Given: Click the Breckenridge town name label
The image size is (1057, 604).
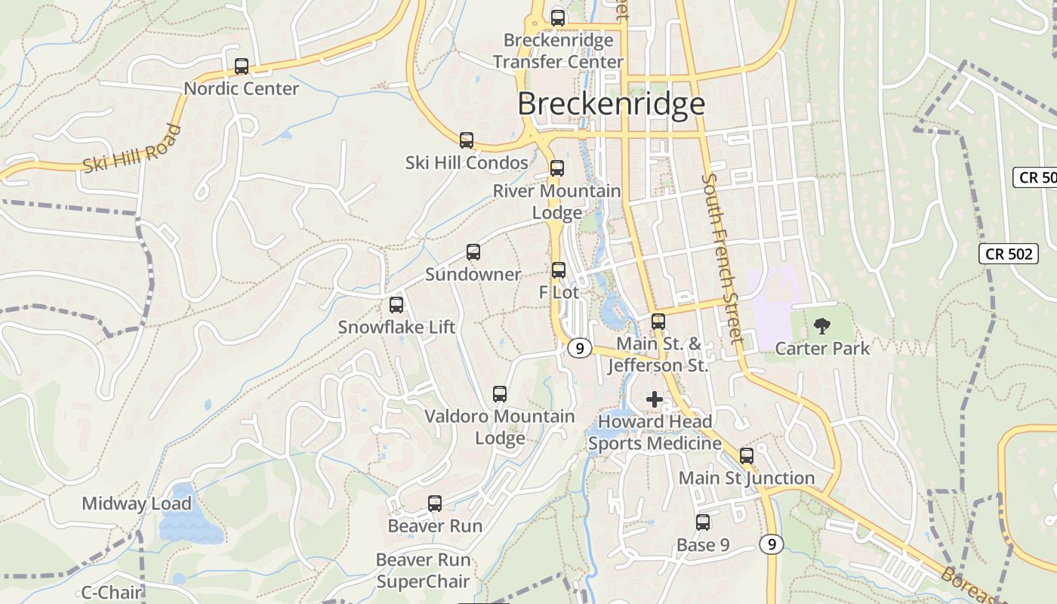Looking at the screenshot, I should coord(611,104).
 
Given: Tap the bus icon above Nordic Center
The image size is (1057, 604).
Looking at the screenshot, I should coord(242,66).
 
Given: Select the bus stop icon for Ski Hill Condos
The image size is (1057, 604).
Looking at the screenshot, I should coord(467,140).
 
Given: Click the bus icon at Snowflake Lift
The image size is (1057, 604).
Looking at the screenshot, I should coord(396,305).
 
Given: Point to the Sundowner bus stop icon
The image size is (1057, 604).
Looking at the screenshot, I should coord(473,252).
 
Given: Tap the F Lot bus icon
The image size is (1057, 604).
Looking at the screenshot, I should coord(559,270).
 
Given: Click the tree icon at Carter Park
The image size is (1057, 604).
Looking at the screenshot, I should coord(822,326).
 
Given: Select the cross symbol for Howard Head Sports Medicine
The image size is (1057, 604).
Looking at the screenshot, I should coord(655,399).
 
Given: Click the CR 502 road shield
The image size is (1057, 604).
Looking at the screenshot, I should coord(1009,254).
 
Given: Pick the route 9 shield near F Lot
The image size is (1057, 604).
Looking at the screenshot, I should coord(579,348).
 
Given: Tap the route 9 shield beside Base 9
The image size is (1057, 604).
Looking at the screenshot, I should coord(769,544).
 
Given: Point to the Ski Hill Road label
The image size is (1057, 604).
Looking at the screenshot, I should coord(133,149).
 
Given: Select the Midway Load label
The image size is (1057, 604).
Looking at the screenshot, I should coord(137,504).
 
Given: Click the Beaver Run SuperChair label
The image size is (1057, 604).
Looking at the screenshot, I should coord(423,571).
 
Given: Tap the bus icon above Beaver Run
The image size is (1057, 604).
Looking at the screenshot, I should coord(435,504).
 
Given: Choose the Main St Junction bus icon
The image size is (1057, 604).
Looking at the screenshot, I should coord(747,456).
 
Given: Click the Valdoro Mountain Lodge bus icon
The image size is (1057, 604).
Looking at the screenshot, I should coord(500,394).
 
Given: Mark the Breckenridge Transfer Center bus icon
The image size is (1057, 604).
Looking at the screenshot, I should coord(558,18).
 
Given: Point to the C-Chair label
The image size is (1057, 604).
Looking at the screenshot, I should coord(111,592).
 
